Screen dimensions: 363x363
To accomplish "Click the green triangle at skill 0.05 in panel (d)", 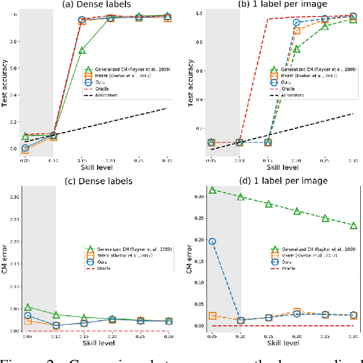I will (x=212, y=190).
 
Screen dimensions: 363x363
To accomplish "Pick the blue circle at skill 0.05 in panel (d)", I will (x=212, y=241).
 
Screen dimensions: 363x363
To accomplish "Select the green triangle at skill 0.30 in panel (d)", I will (x=353, y=225).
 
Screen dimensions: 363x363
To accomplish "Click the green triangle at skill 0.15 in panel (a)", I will (x=82, y=50).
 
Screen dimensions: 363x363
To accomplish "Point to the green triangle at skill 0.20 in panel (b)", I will (x=296, y=49).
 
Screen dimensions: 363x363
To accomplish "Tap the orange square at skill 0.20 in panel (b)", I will (x=296, y=30).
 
